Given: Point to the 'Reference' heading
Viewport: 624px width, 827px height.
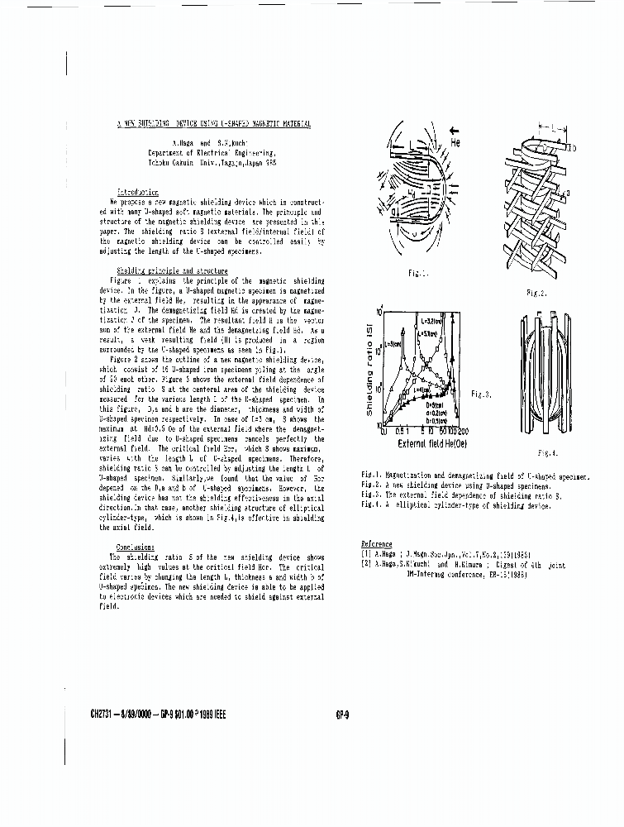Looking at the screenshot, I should (x=376, y=543).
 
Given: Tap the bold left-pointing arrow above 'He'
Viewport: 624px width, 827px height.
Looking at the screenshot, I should (x=455, y=129).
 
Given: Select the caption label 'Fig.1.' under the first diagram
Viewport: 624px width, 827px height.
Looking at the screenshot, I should (x=417, y=271).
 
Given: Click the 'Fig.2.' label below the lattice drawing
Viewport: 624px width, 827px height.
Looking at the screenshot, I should (x=536, y=293).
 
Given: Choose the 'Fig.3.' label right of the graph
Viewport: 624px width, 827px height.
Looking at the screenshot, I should (x=482, y=394).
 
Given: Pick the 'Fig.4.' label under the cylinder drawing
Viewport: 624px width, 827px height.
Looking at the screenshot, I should (x=547, y=453).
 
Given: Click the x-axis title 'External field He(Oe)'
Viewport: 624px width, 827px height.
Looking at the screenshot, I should (x=423, y=444).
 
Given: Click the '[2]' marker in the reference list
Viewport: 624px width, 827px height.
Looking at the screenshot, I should (x=365, y=565).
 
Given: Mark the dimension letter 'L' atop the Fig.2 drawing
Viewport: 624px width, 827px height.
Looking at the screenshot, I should (x=550, y=131).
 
